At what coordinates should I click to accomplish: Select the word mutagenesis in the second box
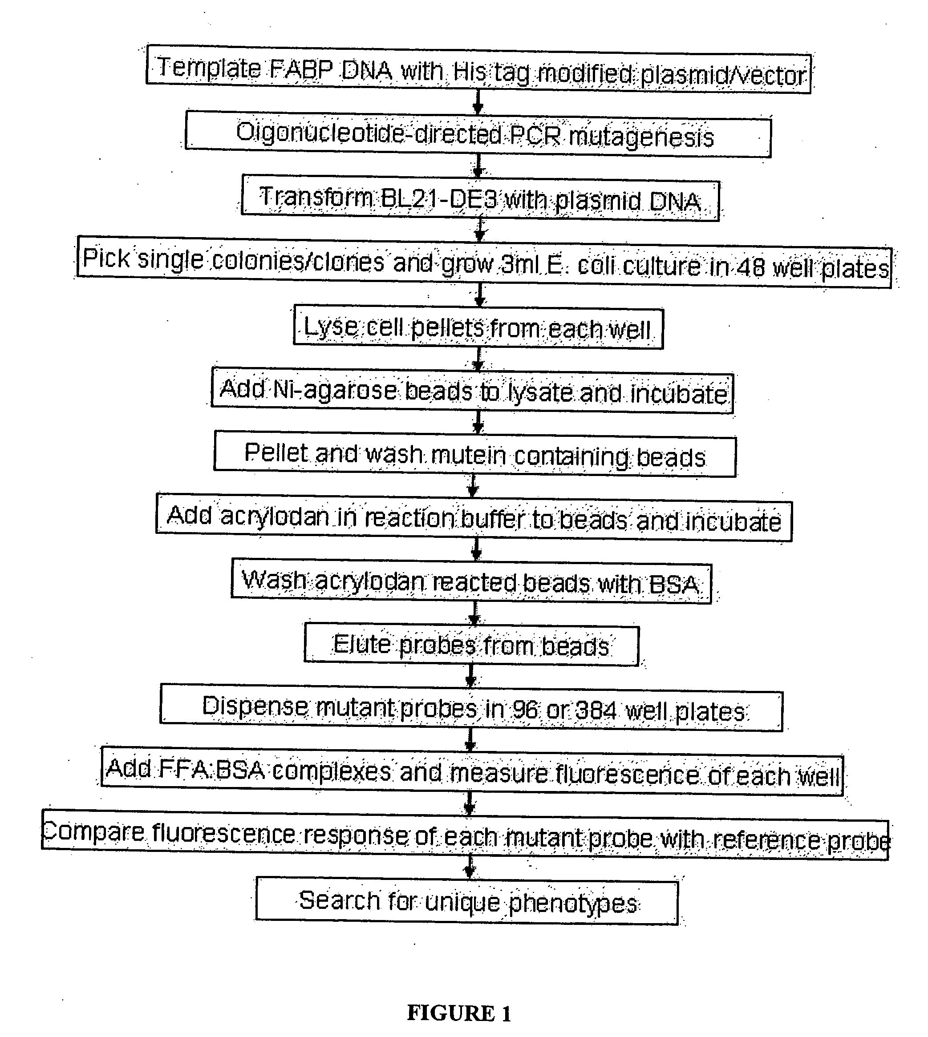[x=641, y=137]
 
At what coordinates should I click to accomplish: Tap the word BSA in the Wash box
[x=673, y=584]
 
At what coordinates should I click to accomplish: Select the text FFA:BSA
[x=211, y=770]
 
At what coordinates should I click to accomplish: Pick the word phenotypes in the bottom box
[x=573, y=904]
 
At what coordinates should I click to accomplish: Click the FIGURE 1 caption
[x=458, y=1013]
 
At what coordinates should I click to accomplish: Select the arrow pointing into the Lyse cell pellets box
[x=479, y=295]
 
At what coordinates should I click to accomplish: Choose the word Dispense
[x=255, y=707]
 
